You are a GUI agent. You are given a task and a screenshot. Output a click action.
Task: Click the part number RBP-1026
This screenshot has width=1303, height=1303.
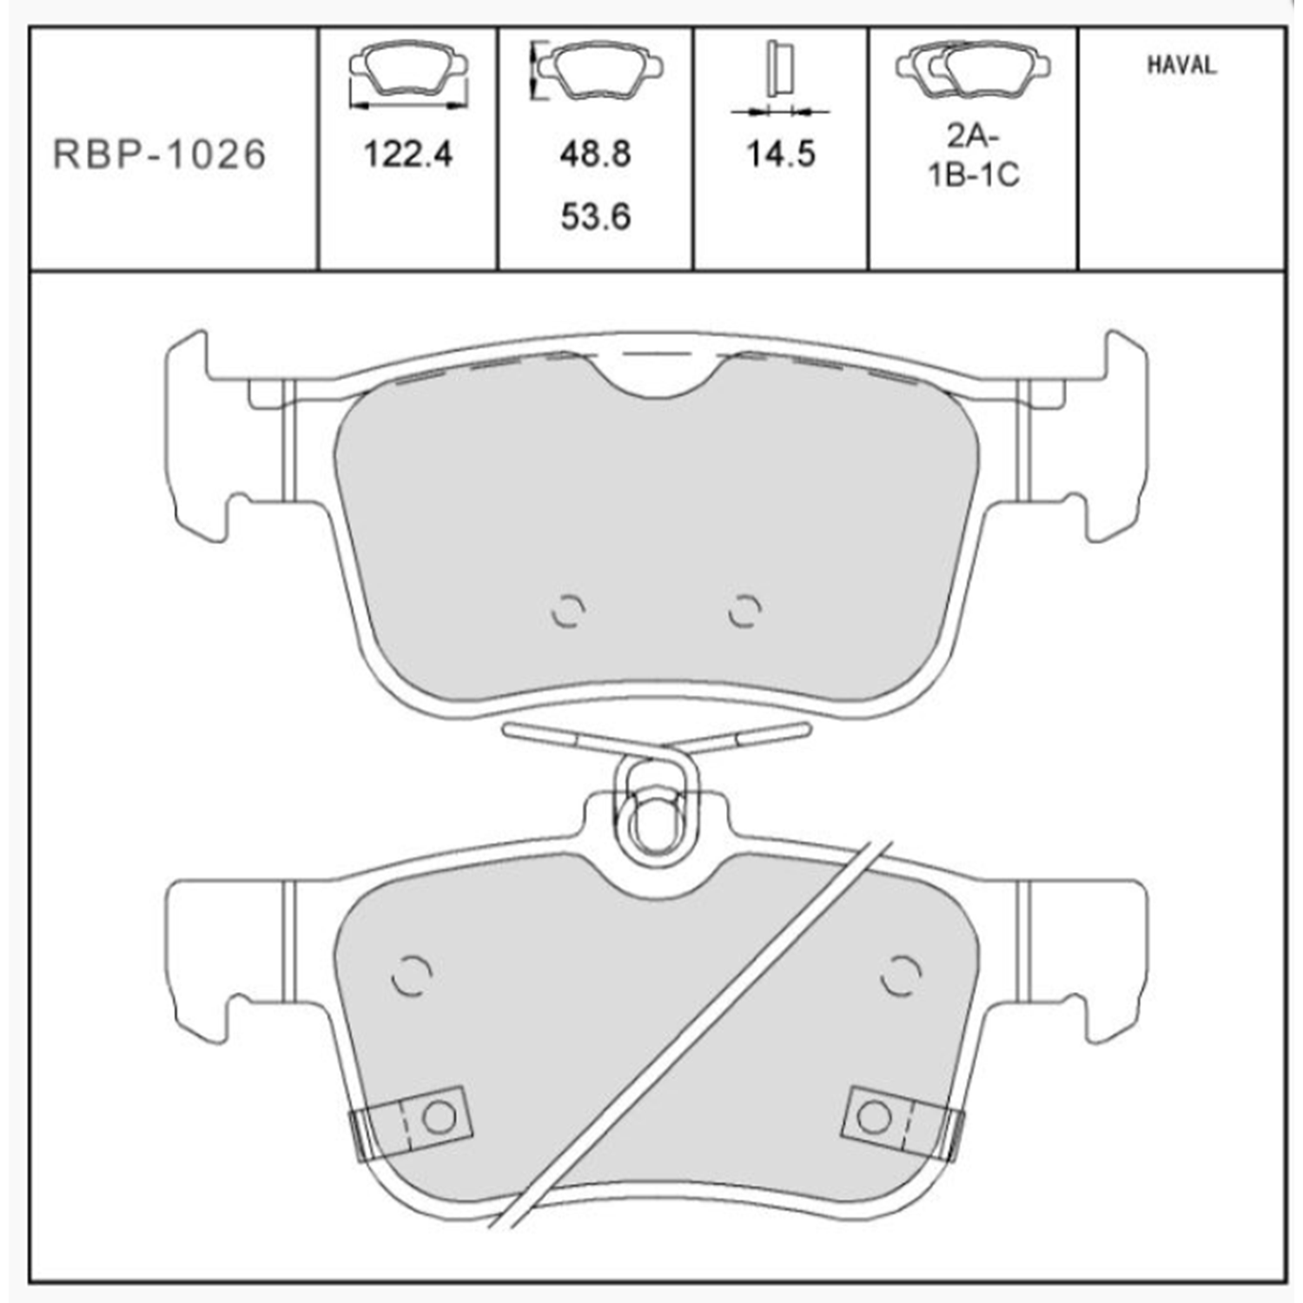coord(160,155)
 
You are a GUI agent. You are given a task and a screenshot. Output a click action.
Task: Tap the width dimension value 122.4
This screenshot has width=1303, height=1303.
coord(407,155)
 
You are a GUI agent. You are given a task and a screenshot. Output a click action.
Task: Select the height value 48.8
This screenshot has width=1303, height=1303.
coord(595,154)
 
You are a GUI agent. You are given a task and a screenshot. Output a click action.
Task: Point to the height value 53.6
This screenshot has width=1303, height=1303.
coord(595,216)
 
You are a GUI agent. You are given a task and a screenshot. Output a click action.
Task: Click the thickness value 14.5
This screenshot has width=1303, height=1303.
coord(781,154)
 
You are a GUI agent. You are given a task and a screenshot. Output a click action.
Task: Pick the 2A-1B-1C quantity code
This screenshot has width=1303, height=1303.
coord(974,156)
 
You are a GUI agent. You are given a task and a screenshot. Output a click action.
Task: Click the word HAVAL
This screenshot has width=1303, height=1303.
coord(1181,65)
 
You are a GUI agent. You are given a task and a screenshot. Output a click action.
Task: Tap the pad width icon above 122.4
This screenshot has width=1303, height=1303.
coord(407,76)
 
